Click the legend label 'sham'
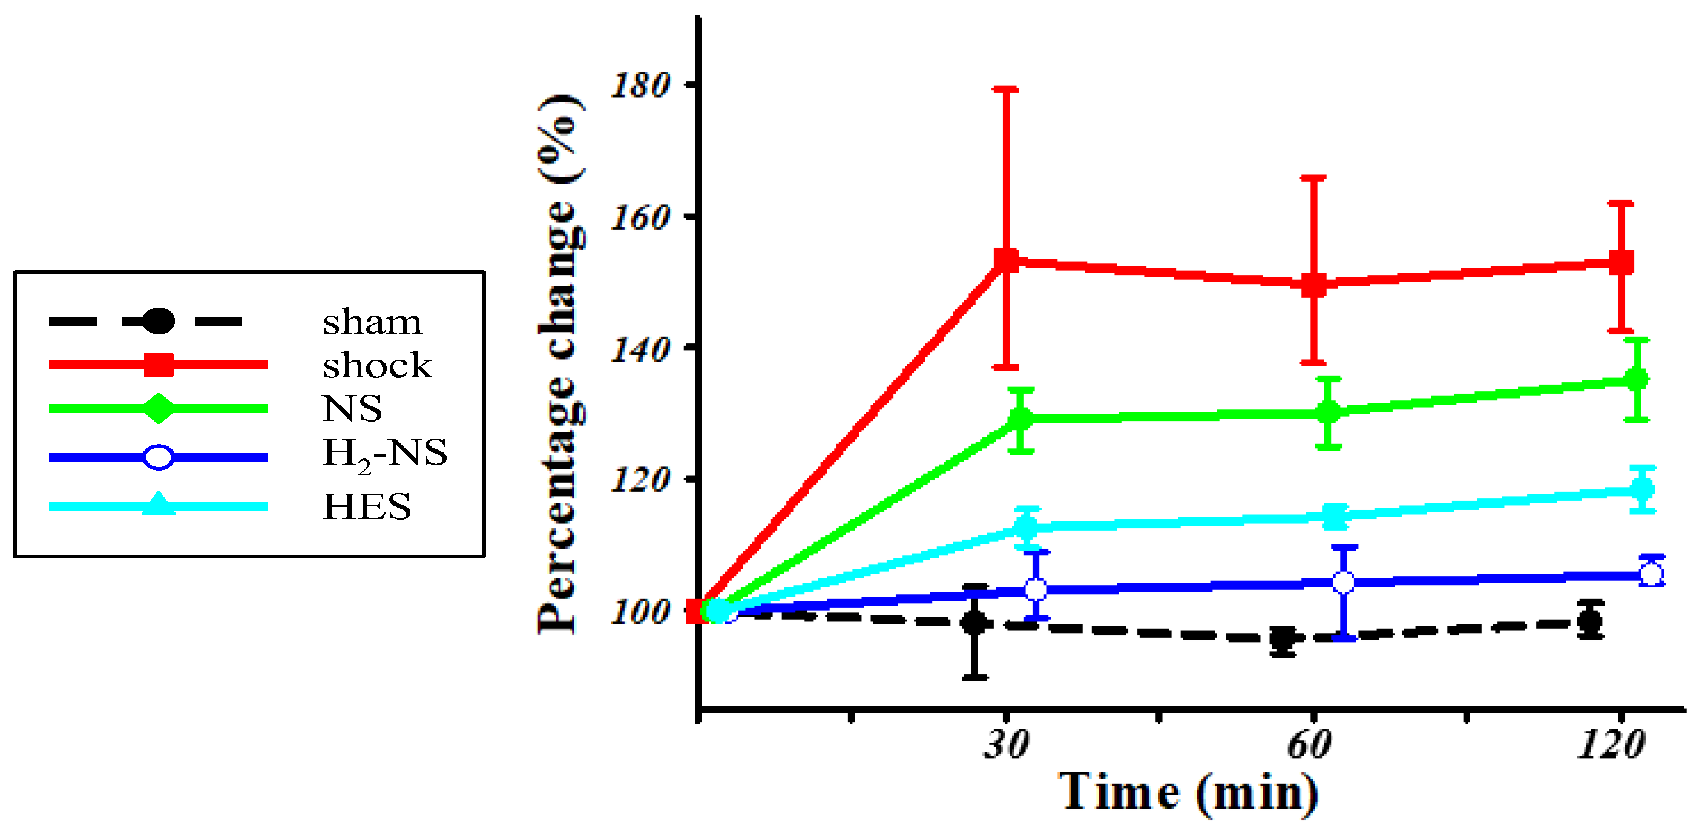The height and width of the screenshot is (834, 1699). (372, 323)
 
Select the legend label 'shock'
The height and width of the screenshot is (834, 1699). (377, 366)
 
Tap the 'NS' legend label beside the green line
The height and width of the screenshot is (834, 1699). (352, 408)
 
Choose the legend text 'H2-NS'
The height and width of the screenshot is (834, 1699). (384, 454)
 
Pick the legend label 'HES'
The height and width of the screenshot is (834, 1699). (367, 507)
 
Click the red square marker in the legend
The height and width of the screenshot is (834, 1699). (159, 365)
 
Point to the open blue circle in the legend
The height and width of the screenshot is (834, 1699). (159, 457)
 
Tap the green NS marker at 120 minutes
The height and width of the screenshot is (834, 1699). (1636, 379)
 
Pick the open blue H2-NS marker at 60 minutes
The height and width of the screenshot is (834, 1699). (1344, 583)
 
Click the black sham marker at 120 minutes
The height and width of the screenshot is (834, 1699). (1590, 621)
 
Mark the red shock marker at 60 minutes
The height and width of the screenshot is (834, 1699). (1313, 285)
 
